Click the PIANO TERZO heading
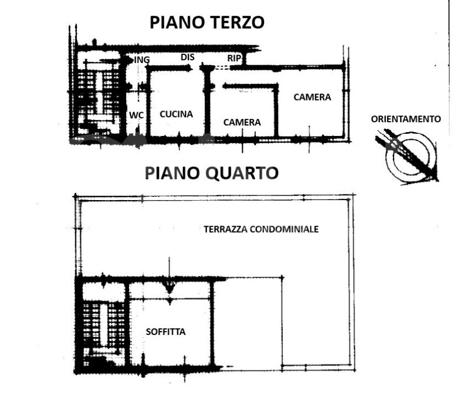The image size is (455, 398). [207, 23]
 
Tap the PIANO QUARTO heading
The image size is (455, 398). [211, 173]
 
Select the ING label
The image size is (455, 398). [142, 59]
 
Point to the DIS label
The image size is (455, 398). [187, 57]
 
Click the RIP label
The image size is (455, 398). [234, 58]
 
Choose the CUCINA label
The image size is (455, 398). [176, 114]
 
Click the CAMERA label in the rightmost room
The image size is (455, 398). [312, 97]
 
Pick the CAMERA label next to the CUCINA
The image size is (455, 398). [242, 122]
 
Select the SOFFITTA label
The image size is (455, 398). [166, 332]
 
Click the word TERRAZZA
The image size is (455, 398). [226, 229]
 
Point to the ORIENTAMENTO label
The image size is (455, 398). [406, 119]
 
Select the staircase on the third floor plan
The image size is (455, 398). [97, 94]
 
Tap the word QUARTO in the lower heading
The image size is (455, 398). [242, 173]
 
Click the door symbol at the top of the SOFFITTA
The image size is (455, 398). [170, 286]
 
